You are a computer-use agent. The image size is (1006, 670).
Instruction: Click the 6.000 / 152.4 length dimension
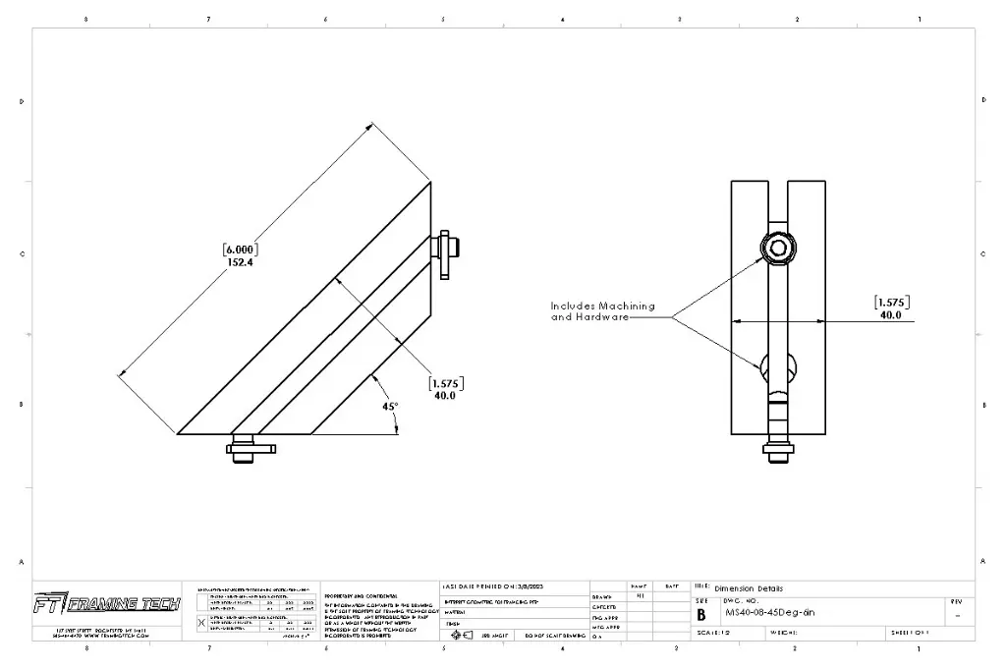tap(240, 255)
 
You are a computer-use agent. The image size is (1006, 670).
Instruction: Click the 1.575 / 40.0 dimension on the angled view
tap(445, 389)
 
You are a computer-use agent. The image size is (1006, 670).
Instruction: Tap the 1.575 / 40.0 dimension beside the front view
tap(890, 308)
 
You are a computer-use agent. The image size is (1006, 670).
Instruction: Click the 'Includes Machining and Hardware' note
tap(602, 311)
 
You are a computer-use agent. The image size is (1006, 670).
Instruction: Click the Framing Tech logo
tap(106, 603)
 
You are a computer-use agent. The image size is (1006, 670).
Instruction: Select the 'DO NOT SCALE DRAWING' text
tap(555, 636)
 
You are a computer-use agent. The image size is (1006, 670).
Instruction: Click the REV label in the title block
tap(957, 600)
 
